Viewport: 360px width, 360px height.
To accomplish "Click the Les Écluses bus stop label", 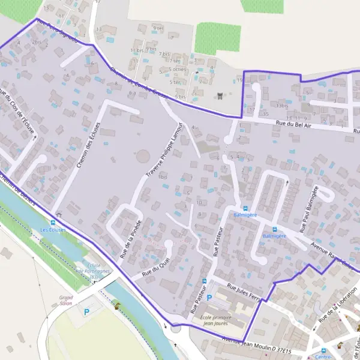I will pyautogui.click(x=53, y=230).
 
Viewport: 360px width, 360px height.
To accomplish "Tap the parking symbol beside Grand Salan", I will pyautogui.click(x=86, y=311).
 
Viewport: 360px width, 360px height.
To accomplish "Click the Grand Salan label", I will pyautogui.click(x=66, y=299).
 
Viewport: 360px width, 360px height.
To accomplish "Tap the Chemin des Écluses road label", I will pyautogui.click(x=88, y=145).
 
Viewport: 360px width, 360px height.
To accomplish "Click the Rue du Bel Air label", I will pyautogui.click(x=293, y=124).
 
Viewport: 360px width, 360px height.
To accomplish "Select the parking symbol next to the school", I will pyautogui.click(x=209, y=298).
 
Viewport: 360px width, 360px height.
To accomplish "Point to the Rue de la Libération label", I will pyautogui.click(x=334, y=309).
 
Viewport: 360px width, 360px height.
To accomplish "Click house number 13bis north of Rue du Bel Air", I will pyautogui.click(x=282, y=105).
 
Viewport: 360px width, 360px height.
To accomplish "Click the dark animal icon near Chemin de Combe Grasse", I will pyautogui.click(x=220, y=95).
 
